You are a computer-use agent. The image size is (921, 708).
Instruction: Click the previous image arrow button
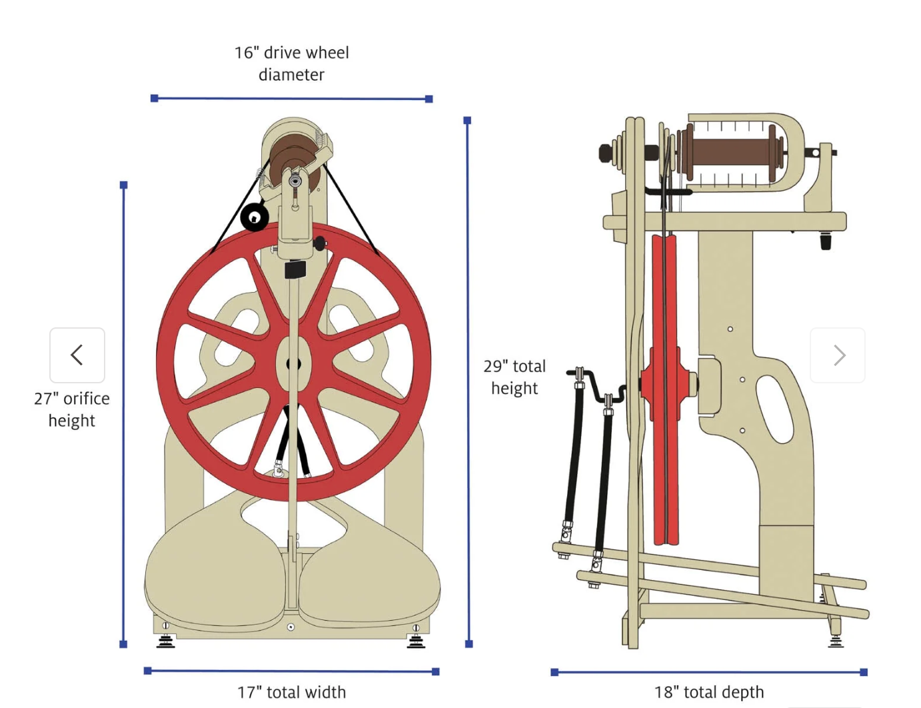tap(77, 355)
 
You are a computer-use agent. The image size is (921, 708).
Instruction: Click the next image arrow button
tap(838, 355)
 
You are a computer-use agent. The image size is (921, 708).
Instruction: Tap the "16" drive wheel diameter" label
tap(292, 63)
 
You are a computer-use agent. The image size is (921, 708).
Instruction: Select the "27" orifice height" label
tap(72, 409)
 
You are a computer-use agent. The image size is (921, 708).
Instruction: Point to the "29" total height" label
tap(514, 377)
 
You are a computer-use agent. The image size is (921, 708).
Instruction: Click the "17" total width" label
tap(292, 692)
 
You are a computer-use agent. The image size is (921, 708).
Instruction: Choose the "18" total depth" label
tap(709, 692)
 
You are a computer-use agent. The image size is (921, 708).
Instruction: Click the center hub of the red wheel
tap(293, 363)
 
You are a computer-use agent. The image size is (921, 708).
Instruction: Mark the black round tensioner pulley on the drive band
tap(255, 217)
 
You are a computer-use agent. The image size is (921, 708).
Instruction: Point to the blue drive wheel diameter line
tap(292, 99)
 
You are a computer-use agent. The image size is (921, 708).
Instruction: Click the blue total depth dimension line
tap(709, 672)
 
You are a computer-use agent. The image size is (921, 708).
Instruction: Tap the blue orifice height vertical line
tap(124, 415)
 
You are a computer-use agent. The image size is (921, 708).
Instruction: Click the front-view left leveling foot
tap(166, 641)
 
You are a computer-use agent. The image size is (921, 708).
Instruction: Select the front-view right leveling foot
tap(415, 641)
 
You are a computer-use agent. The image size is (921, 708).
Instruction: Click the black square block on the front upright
tap(295, 269)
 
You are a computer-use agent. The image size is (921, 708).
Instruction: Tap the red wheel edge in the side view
tap(664, 389)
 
